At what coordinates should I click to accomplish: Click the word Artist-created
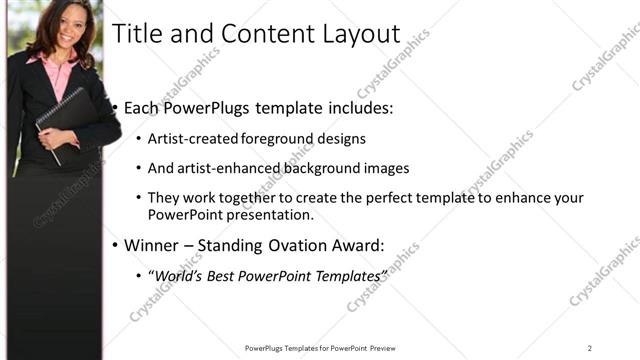pos(188,139)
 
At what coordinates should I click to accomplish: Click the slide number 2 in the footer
pos(590,348)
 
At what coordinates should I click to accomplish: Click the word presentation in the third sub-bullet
pos(270,215)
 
